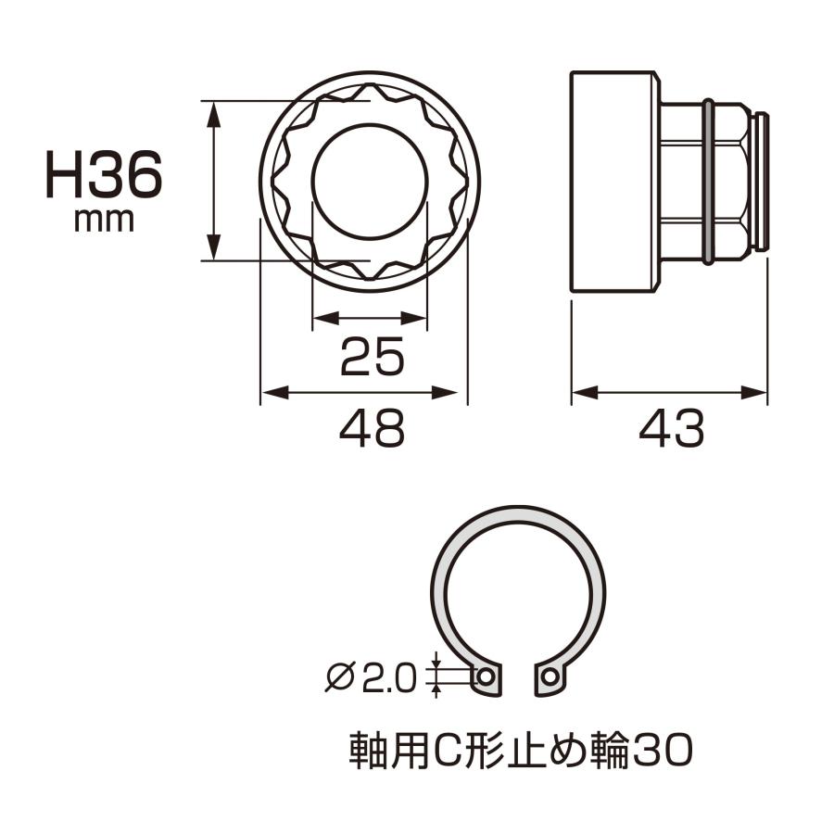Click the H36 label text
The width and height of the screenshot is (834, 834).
point(104,176)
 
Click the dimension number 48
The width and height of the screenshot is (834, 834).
point(371,429)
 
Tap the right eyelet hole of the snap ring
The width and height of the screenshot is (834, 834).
point(550,677)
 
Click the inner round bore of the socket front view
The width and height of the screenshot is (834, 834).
point(370,180)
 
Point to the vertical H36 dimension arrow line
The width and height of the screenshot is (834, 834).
point(214,181)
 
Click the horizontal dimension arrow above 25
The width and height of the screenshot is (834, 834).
point(370,321)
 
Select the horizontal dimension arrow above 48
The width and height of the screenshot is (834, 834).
point(361,393)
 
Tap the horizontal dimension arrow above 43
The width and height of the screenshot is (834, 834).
point(669,393)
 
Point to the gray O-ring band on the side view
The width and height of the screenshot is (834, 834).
point(709,181)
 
